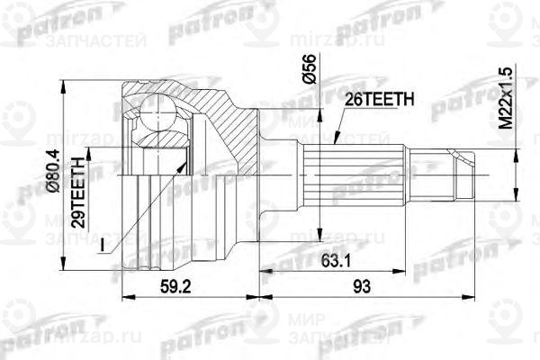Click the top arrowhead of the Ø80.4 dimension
(x=63, y=82)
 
